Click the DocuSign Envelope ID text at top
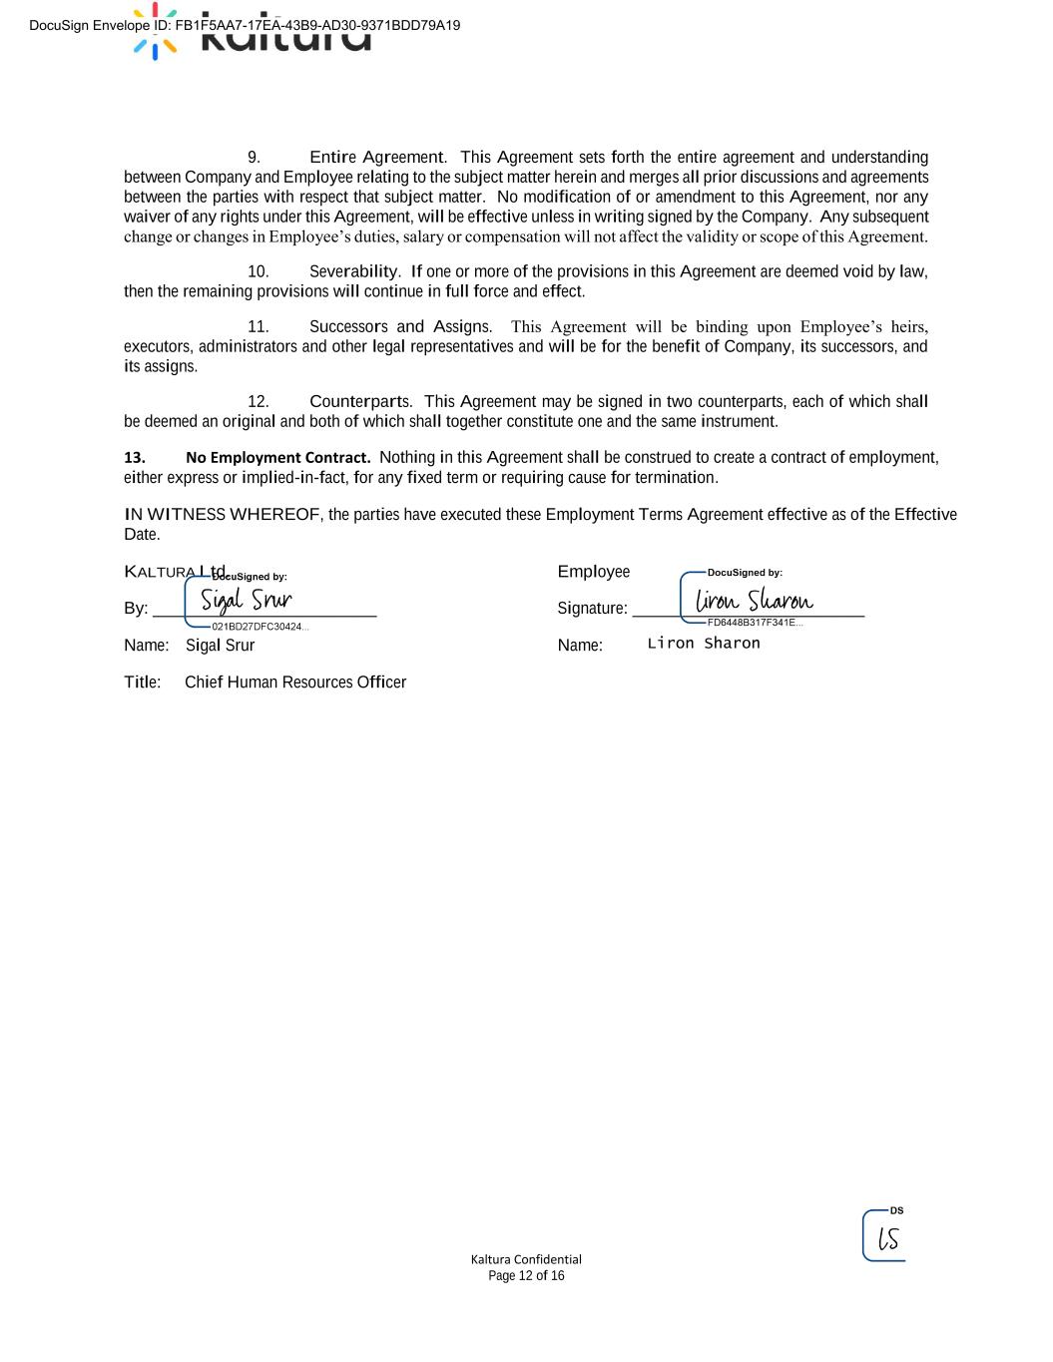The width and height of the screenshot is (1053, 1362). click(x=245, y=25)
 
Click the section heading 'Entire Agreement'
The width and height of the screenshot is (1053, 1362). click(x=376, y=158)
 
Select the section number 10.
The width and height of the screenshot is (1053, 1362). click(x=258, y=271)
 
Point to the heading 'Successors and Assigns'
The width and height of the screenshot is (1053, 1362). click(x=399, y=327)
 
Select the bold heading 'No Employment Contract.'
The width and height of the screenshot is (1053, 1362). click(x=277, y=458)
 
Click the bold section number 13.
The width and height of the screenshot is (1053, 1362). click(x=135, y=458)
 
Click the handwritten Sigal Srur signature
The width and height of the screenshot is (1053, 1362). click(x=247, y=600)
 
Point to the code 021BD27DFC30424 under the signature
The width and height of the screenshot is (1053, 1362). click(x=260, y=627)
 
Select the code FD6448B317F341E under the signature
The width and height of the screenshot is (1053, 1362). click(x=754, y=623)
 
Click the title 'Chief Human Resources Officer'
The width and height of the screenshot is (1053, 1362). click(x=295, y=682)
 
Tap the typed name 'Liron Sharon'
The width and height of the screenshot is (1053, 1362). click(x=704, y=644)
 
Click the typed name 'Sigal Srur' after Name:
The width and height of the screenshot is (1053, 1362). click(x=220, y=646)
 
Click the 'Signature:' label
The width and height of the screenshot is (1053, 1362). click(x=593, y=609)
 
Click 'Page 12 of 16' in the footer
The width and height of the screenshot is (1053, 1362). click(x=526, y=1276)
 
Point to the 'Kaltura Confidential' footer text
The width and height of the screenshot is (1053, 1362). click(x=526, y=1259)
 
